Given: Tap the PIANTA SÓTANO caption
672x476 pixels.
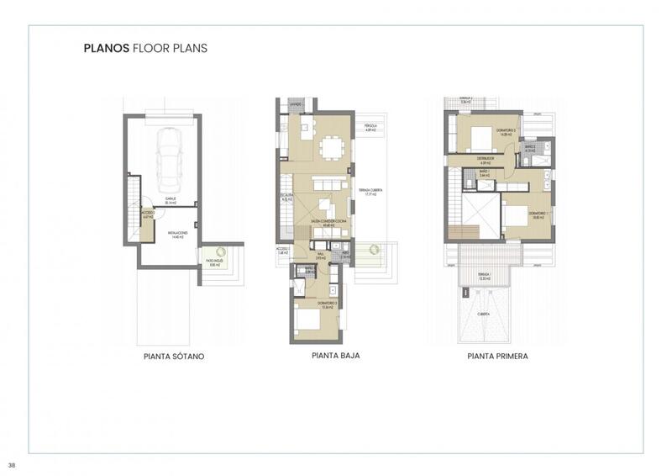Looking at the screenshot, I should click(174, 357).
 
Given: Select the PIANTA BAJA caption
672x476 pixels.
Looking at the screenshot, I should click(335, 357).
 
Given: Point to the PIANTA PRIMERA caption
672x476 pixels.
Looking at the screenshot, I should click(497, 357).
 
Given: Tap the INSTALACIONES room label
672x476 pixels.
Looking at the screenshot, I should click(177, 234).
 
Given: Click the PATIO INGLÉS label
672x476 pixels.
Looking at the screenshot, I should click(215, 262).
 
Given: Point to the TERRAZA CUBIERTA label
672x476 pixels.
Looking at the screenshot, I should click(370, 193).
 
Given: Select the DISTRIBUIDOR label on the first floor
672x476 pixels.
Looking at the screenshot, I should click(485, 158).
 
